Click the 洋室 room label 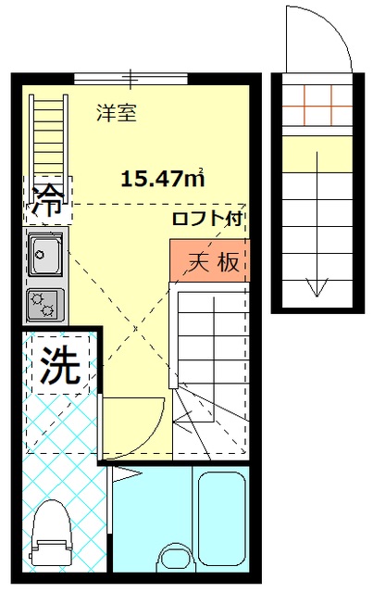pos(118,113)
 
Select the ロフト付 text pos(208,220)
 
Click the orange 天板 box pos(208,261)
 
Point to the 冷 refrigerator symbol pos(47,197)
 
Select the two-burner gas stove pos(43,303)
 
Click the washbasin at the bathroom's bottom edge pos(172,558)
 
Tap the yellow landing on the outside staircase pos(317,152)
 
